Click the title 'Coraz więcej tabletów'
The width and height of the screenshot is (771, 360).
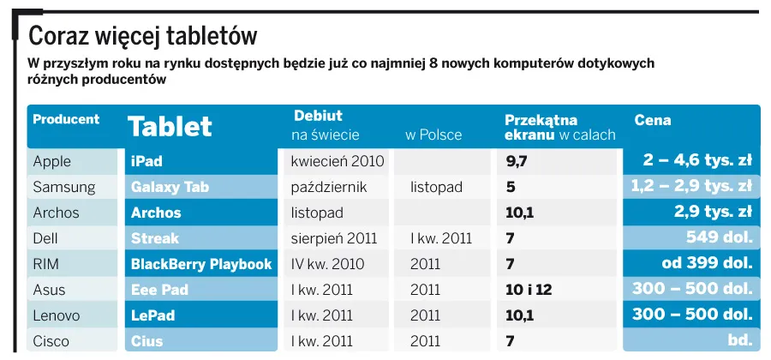pyautogui.click(x=143, y=37)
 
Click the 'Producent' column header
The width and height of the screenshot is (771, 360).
pyautogui.click(x=66, y=120)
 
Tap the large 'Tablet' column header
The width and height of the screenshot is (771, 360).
pyautogui.click(x=170, y=127)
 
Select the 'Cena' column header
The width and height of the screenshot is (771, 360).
pyautogui.click(x=652, y=121)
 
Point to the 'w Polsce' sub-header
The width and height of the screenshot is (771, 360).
pyautogui.click(x=433, y=135)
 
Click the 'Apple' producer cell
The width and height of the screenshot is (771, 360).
pyautogui.click(x=52, y=161)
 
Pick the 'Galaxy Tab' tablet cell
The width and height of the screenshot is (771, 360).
pyautogui.click(x=170, y=187)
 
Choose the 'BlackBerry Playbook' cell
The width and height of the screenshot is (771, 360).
pyautogui.click(x=201, y=264)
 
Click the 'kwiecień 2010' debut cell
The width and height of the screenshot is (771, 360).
pyautogui.click(x=338, y=161)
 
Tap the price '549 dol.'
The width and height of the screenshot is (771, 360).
pyautogui.click(x=719, y=238)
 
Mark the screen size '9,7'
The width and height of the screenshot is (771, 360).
pyautogui.click(x=517, y=161)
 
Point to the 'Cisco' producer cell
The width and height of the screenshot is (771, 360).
pyautogui.click(x=51, y=341)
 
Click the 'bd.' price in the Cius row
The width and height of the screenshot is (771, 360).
pyautogui.click(x=739, y=341)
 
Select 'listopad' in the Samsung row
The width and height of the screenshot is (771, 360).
pyautogui.click(x=436, y=187)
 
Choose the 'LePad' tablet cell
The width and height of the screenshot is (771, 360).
pyautogui.click(x=152, y=315)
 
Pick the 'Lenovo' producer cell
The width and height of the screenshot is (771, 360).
pyautogui.click(x=57, y=315)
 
